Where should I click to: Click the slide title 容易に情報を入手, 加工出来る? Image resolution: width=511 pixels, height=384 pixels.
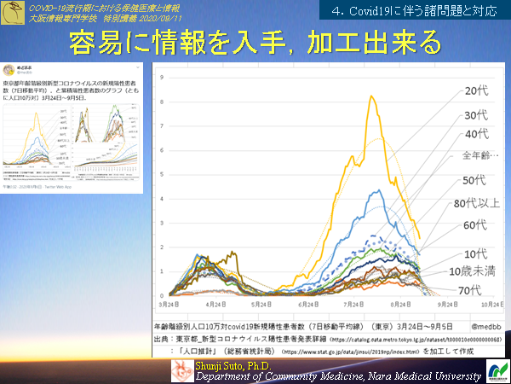coord(255,41)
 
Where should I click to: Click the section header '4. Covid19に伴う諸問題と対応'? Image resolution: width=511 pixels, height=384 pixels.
coord(414,11)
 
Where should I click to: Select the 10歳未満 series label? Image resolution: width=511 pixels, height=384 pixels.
coord(473,271)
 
